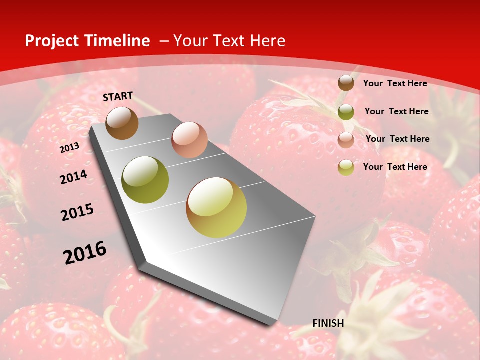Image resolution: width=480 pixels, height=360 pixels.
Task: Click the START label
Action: (x=118, y=96)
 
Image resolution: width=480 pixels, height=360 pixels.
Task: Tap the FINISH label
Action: (x=328, y=323)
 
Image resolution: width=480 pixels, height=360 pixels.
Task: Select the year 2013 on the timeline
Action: (x=69, y=148)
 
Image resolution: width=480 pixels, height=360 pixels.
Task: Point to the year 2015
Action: (x=77, y=212)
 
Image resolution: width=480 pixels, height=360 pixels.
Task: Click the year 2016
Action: (x=85, y=252)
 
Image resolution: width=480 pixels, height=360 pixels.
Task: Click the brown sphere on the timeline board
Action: (x=122, y=123)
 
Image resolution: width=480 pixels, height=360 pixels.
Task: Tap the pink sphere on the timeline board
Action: (x=189, y=140)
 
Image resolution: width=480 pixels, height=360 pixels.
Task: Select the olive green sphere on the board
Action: (x=145, y=179)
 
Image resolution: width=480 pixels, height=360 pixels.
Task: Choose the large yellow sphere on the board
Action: (x=216, y=207)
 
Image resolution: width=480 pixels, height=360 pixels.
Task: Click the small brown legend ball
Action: (x=346, y=83)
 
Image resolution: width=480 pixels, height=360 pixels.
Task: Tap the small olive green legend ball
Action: (x=346, y=112)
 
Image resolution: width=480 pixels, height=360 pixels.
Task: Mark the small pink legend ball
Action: (x=346, y=140)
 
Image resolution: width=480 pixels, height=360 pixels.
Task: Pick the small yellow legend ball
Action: (x=346, y=167)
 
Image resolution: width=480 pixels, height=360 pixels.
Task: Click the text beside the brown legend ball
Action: (x=395, y=83)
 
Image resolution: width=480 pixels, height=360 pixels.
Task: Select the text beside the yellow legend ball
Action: (x=395, y=167)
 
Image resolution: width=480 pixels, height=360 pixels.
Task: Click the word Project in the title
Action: (x=52, y=41)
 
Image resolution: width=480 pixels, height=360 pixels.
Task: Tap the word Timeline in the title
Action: (x=119, y=41)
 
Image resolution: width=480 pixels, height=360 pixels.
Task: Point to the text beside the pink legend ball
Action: (x=397, y=139)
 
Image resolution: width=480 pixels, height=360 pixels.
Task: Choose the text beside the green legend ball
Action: (x=396, y=111)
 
